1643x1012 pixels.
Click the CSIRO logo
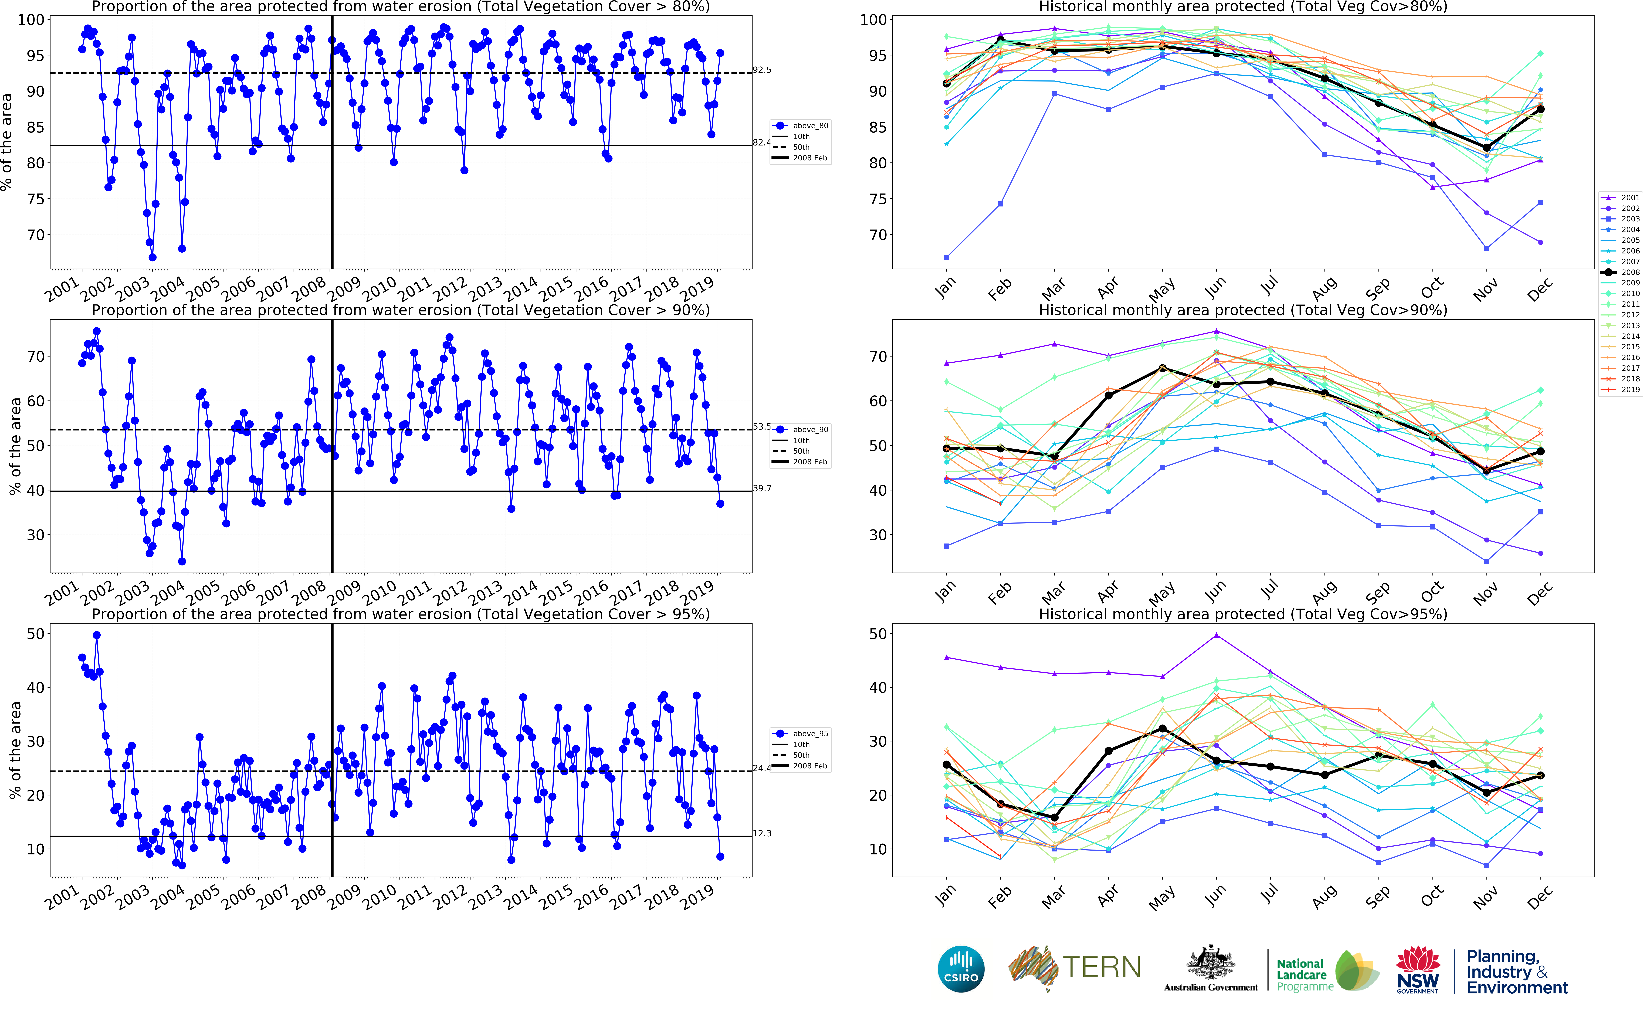[x=961, y=969]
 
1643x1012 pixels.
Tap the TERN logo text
[x=1101, y=967]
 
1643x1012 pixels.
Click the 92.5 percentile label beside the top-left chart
[x=762, y=70]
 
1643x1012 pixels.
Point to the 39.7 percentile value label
[x=762, y=489]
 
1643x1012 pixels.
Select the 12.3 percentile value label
[x=762, y=833]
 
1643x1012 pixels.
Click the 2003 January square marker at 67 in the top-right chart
[x=946, y=257]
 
